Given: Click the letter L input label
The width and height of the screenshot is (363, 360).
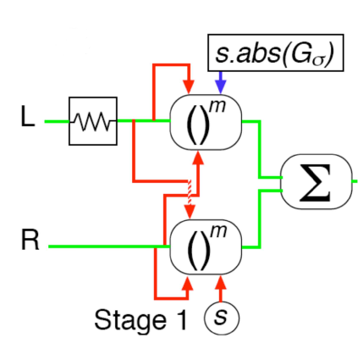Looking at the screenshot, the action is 28,116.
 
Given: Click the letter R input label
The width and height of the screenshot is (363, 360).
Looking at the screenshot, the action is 30,240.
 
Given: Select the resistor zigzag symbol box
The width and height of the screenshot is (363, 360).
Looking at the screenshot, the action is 93,121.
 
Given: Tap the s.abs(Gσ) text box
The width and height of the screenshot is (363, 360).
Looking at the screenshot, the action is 276,53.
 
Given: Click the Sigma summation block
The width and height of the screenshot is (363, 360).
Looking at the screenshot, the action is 316,182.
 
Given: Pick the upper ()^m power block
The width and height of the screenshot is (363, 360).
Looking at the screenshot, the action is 206,122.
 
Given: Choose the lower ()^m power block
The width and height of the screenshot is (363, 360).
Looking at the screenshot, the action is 206,246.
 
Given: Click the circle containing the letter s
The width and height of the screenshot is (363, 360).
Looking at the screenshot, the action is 222,318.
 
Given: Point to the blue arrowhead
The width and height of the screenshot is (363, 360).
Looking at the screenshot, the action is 221,86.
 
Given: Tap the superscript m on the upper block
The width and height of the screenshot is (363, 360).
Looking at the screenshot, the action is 217,107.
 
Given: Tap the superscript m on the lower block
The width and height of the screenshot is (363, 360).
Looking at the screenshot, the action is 218,231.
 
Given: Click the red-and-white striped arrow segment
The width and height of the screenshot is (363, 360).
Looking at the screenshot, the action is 190,193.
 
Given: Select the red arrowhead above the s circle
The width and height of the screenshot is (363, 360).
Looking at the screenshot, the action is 221,282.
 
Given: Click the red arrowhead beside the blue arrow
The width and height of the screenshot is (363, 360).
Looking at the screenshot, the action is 189,86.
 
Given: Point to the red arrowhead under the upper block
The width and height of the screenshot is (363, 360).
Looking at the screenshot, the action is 199,158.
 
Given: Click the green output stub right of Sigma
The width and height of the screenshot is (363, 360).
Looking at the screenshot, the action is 355,181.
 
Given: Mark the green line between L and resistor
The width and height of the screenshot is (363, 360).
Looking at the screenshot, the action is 57,122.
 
